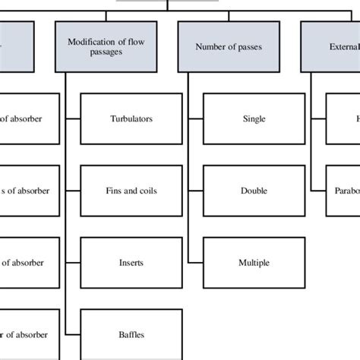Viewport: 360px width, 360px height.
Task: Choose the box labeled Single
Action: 254,118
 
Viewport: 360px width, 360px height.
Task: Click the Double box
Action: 254,191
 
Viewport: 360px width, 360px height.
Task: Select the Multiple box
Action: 254,263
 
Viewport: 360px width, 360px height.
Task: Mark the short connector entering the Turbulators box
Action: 74,118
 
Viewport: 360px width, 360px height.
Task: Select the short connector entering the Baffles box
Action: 74,334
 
